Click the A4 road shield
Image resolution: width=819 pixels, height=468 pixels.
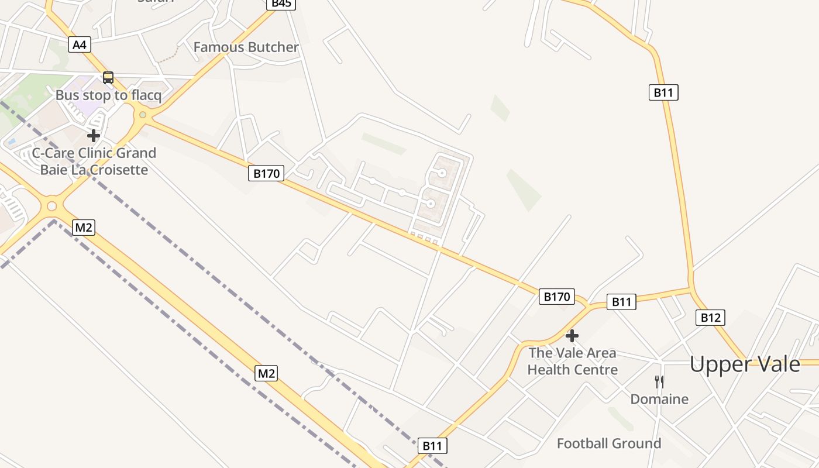[x=80, y=44]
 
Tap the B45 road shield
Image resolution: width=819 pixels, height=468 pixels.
[x=281, y=4]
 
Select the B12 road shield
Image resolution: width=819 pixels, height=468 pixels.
[x=710, y=318]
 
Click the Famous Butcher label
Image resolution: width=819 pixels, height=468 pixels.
[x=246, y=47]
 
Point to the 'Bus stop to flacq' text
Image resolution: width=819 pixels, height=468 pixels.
[x=108, y=95]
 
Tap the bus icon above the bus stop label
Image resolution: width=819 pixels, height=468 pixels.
[x=108, y=77]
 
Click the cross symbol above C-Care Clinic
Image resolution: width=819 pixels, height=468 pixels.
[x=93, y=136]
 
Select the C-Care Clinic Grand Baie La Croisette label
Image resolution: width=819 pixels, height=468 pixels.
[x=94, y=161]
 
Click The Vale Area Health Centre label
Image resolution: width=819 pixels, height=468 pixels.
[x=572, y=361]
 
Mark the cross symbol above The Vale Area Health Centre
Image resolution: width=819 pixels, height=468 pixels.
[x=572, y=336]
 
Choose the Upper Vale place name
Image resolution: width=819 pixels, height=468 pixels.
[x=745, y=364]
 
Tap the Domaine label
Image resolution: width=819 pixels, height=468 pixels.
[x=659, y=399]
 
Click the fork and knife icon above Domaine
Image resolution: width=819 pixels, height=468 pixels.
[x=659, y=382]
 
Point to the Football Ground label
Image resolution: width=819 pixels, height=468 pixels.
[x=609, y=443]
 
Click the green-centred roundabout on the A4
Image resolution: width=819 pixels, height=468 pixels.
[x=142, y=115]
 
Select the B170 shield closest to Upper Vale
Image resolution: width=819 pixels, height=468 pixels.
[x=556, y=297]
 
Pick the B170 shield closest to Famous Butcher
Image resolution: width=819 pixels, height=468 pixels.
[x=266, y=173]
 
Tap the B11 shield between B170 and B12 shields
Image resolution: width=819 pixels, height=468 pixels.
[x=621, y=302]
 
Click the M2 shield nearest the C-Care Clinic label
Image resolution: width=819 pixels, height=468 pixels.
[x=83, y=228]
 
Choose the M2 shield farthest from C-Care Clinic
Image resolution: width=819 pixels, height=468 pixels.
[x=266, y=373]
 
